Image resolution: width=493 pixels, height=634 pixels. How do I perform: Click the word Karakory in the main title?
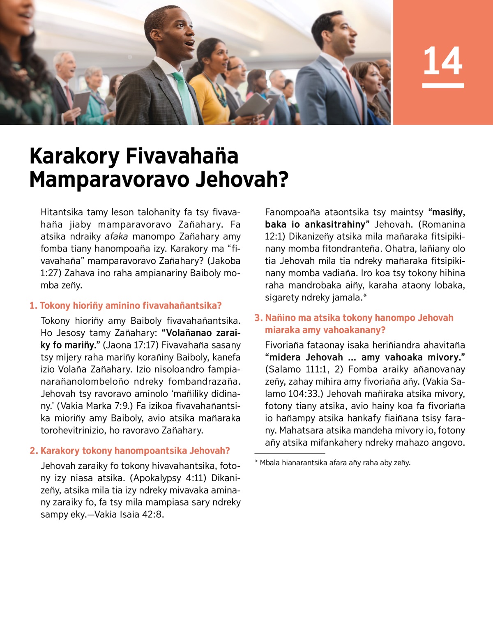74,156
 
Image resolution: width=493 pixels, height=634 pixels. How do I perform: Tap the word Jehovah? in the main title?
242,180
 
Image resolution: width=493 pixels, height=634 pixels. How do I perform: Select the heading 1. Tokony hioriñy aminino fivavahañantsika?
125,306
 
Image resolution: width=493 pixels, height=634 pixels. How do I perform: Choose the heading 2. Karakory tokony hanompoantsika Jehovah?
130,451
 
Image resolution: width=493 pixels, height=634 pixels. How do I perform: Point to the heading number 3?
258,318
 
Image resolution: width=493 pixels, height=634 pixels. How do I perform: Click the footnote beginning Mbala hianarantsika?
333,463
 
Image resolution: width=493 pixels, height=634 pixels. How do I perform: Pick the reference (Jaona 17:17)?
131,345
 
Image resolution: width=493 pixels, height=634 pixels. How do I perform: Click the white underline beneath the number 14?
442,85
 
